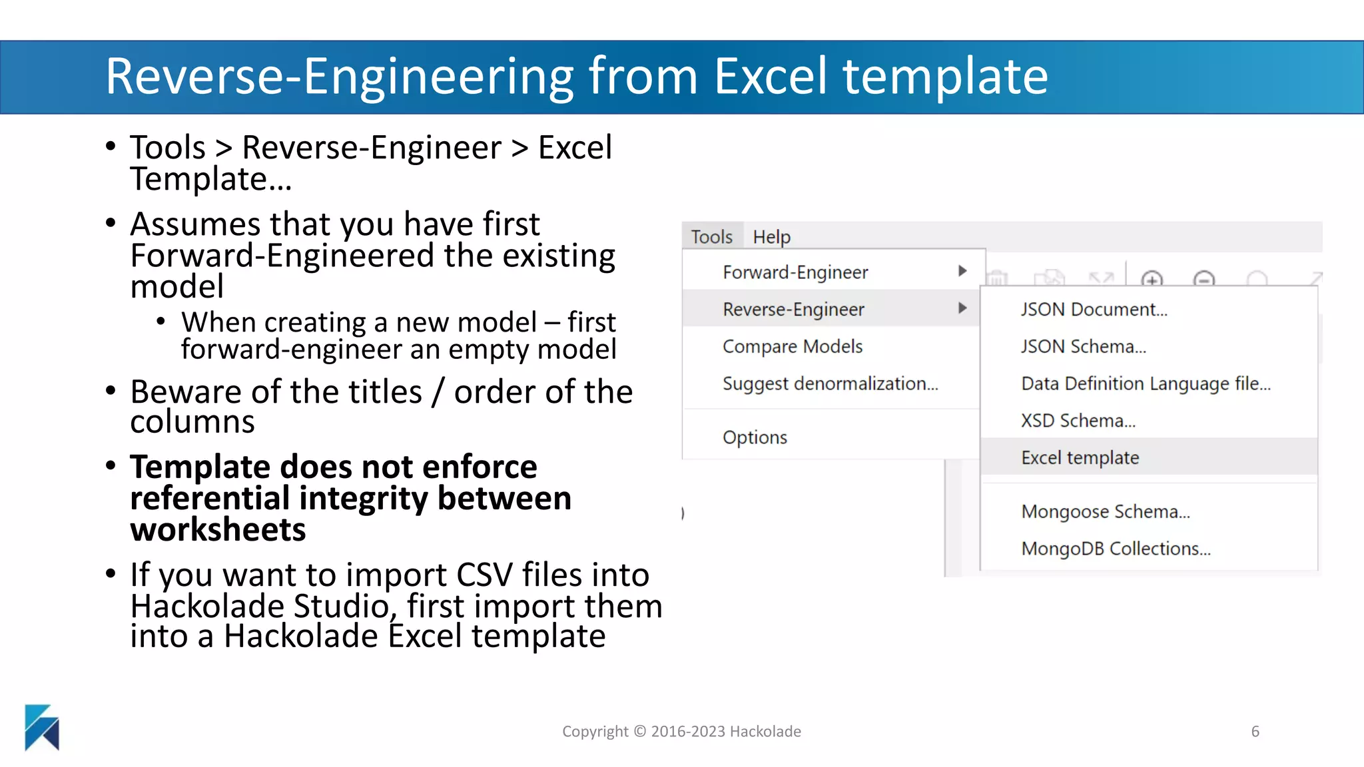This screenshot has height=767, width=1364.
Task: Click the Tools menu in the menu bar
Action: point(711,237)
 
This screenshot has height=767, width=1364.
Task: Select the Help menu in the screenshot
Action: point(771,237)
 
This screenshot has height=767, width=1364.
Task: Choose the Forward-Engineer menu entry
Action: point(795,272)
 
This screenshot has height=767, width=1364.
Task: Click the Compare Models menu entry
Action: point(793,346)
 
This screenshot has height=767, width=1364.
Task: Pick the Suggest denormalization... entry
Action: point(830,383)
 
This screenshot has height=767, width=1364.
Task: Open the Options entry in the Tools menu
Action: point(755,437)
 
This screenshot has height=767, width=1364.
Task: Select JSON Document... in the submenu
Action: point(1094,310)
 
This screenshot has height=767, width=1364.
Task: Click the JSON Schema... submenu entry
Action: point(1083,346)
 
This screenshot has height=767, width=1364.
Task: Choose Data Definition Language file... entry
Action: point(1146,383)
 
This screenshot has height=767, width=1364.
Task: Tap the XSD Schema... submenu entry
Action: point(1078,421)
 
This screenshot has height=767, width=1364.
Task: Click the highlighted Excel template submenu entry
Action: point(1080,457)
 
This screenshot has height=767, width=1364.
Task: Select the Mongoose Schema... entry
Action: point(1105,511)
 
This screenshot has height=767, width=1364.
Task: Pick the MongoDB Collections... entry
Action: point(1116,549)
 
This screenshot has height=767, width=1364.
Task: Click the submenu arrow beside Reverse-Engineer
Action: point(962,308)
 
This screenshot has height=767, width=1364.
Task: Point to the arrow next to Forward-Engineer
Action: point(962,271)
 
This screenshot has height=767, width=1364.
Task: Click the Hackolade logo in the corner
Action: point(42,727)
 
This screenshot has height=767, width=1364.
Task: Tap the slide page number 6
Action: point(1255,732)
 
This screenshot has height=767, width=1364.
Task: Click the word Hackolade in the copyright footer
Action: point(765,732)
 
